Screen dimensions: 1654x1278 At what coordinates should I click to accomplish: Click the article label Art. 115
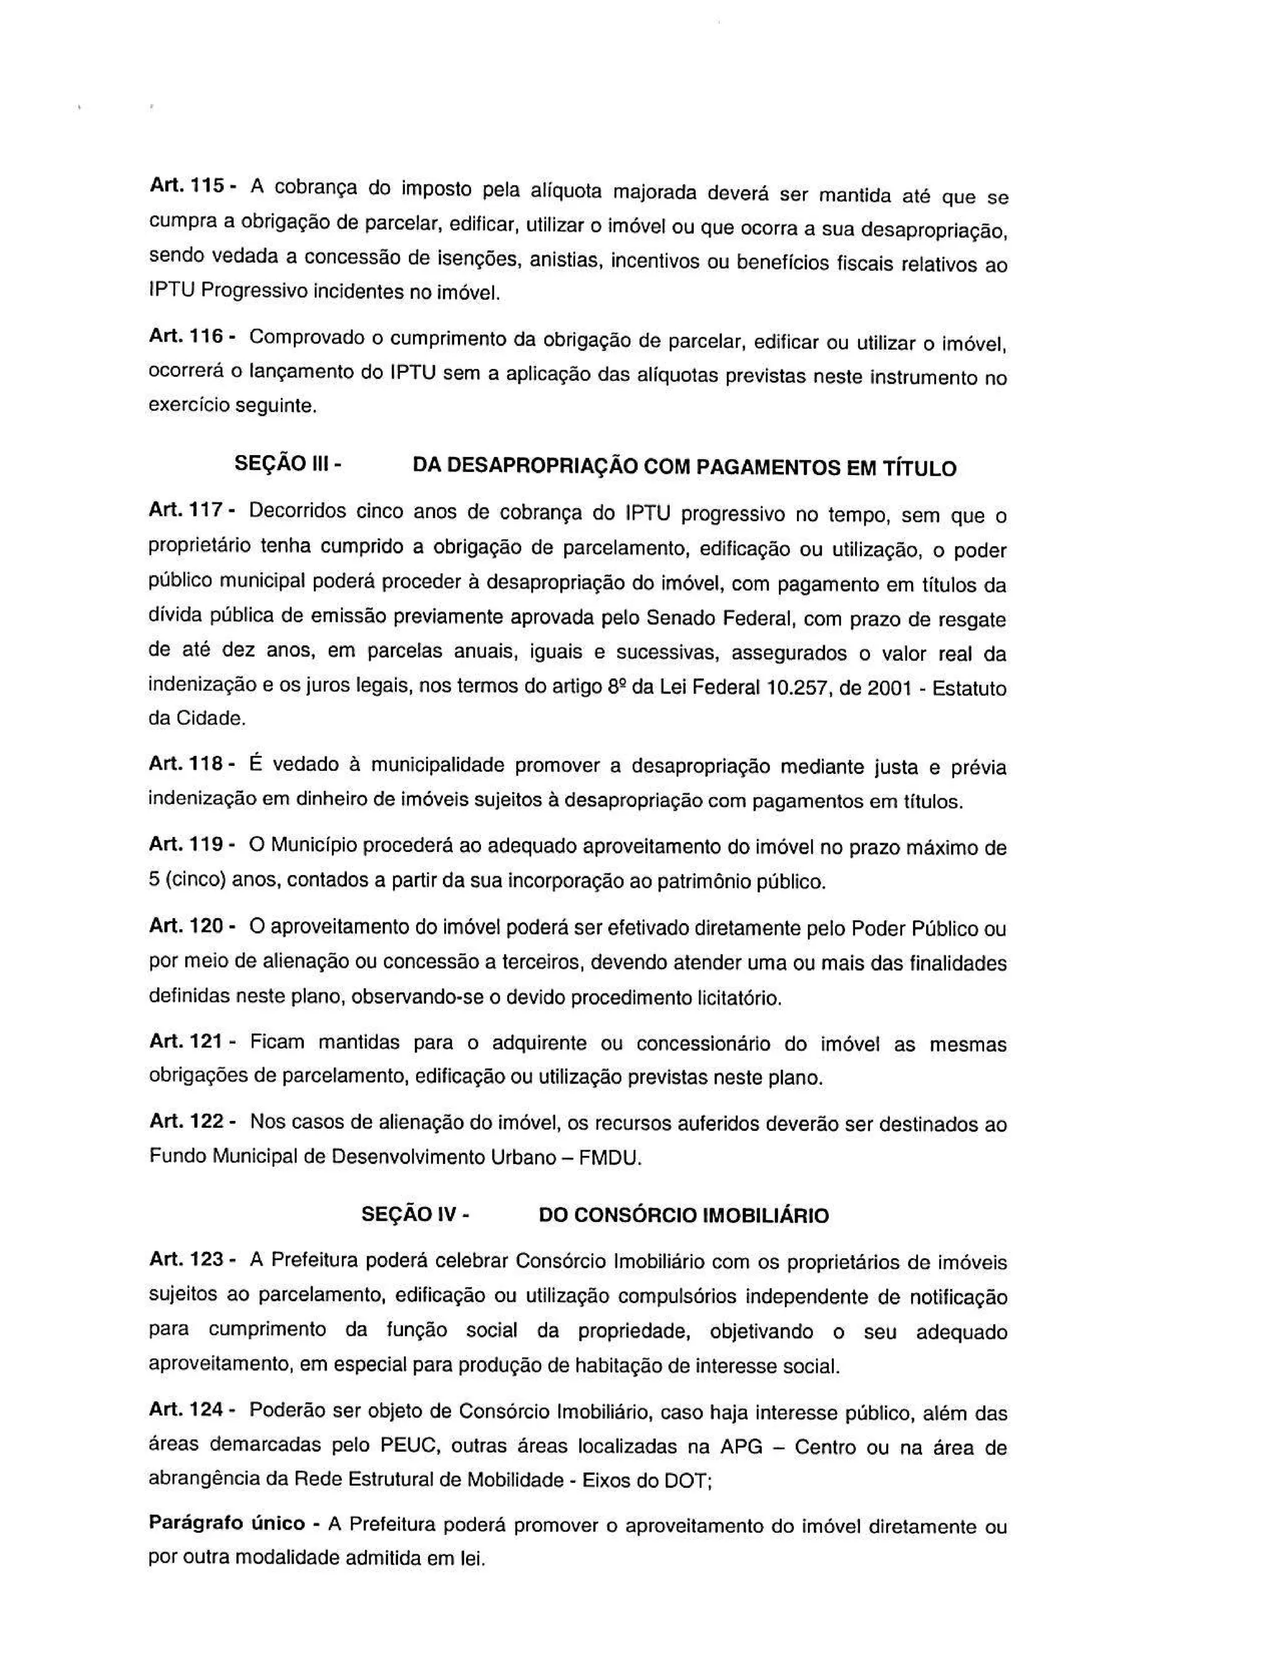186,185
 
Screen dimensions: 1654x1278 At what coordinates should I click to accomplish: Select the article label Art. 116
186,336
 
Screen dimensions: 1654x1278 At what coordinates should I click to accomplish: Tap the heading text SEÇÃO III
281,462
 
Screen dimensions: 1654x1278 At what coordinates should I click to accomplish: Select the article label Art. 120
186,925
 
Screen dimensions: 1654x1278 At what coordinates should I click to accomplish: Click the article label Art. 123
186,1259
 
